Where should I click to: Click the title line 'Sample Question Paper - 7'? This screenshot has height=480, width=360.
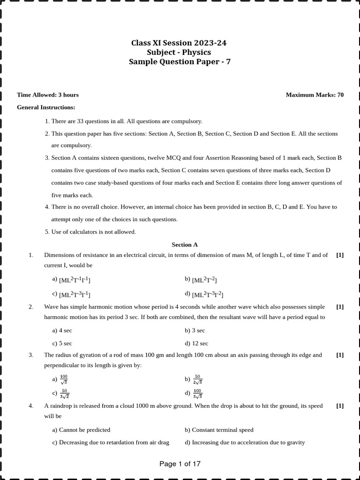click(x=180, y=62)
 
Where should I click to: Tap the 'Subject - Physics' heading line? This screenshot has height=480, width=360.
click(x=180, y=52)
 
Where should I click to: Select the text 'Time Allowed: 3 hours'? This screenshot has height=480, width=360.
click(x=48, y=95)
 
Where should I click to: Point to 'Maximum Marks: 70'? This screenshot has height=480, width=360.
click(x=315, y=95)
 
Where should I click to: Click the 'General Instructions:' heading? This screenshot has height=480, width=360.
click(x=46, y=107)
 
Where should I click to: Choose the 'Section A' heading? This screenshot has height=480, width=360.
click(x=185, y=245)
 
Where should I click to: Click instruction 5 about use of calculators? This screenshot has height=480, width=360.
click(x=90, y=232)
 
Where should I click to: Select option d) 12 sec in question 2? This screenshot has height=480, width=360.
click(x=196, y=343)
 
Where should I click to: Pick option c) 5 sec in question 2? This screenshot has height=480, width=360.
click(x=62, y=343)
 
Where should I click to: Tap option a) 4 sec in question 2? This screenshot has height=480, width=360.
click(x=62, y=330)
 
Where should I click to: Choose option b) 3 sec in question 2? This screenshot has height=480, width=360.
click(x=195, y=330)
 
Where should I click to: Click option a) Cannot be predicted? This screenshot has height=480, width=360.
click(x=81, y=430)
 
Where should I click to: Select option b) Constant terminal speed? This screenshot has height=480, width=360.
click(x=219, y=430)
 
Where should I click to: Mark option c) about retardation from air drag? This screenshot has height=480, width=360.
click(x=111, y=442)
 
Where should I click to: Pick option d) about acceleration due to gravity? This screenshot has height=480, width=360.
click(x=245, y=442)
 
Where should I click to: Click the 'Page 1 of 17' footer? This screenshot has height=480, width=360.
click(x=180, y=464)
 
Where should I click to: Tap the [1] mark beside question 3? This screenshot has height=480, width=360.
click(x=340, y=355)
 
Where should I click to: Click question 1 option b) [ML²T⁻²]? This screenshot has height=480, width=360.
click(x=201, y=280)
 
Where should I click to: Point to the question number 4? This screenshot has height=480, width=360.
click(x=31, y=406)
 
